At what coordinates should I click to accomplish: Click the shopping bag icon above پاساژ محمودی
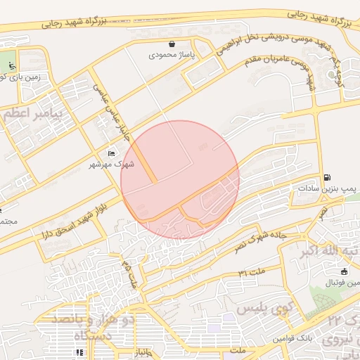pos(172,44)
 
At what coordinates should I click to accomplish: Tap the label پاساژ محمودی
pos(172,54)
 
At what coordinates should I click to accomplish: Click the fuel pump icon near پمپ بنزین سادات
pos(327,178)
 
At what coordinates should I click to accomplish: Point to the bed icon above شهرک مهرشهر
pos(111,153)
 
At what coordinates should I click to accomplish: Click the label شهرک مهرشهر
pos(112,165)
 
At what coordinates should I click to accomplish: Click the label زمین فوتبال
pos(342,283)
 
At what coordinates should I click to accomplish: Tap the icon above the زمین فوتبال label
pos(344,271)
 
